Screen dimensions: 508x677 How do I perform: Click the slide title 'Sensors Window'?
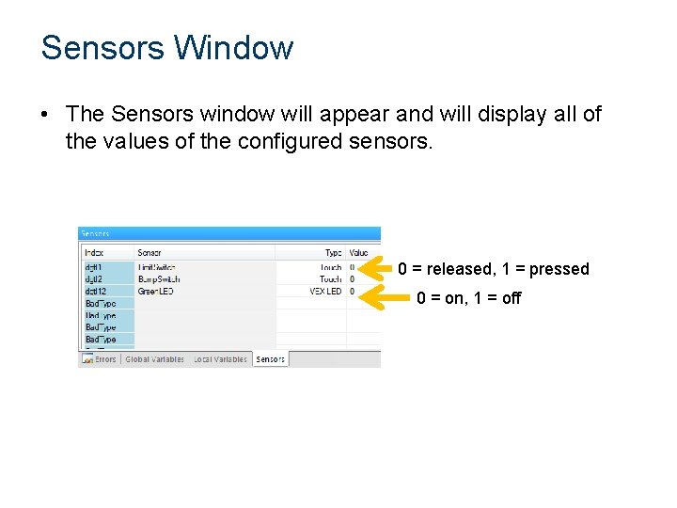[x=166, y=48]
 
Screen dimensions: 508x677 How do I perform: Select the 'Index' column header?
[x=95, y=252]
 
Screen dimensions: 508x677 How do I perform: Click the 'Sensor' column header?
[x=150, y=252]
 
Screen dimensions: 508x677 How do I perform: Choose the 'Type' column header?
[x=333, y=252]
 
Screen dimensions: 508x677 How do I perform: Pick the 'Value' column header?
[x=359, y=252]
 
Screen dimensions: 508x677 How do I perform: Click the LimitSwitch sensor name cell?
[x=158, y=267]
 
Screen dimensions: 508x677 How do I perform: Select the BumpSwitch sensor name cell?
[x=158, y=279]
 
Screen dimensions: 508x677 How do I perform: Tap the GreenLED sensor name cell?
[x=156, y=292]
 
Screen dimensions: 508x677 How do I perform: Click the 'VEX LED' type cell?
[x=325, y=292]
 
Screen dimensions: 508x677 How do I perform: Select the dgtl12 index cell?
[x=96, y=292]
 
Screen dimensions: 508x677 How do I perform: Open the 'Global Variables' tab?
[x=154, y=359]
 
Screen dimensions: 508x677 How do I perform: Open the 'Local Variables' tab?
[x=220, y=359]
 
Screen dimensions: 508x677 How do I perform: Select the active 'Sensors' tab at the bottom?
[x=270, y=359]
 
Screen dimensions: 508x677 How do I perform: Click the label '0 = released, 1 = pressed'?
[x=493, y=269]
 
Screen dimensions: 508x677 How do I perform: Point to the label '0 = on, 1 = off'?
[x=468, y=298]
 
